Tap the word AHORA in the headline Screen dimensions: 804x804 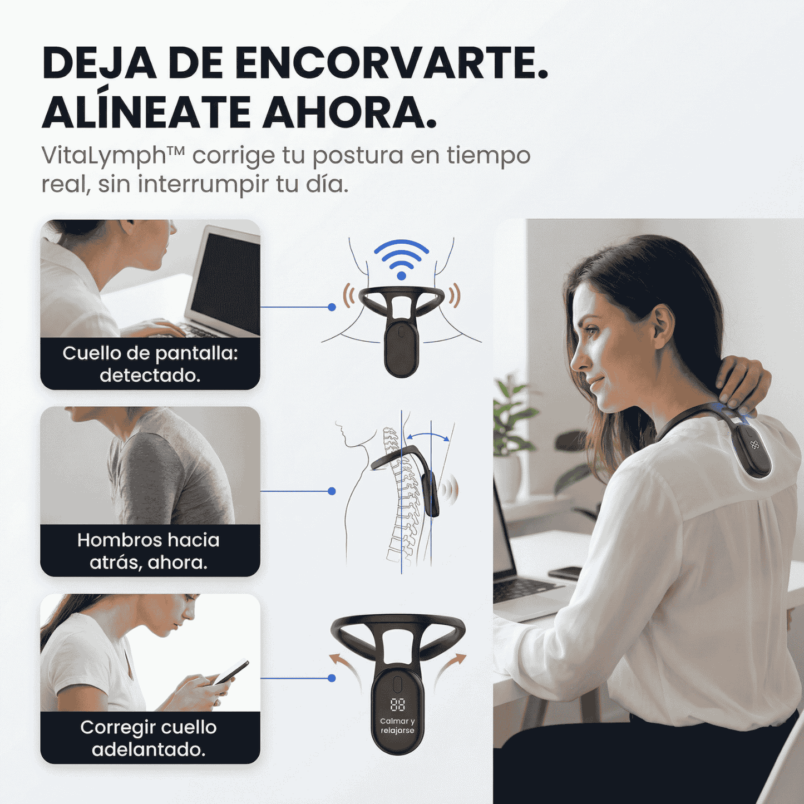coord(349,113)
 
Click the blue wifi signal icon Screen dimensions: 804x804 coord(401,259)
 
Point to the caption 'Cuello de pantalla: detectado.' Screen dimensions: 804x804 coord(150,364)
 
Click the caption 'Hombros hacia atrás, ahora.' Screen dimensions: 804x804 coord(149,551)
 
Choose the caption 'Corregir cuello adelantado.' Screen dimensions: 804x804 coord(149,738)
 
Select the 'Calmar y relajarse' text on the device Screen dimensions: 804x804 coord(397,726)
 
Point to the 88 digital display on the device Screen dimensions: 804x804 coord(397,705)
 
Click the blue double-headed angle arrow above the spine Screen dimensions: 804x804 coord(427,435)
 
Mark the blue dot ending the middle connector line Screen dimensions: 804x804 coord(332,491)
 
